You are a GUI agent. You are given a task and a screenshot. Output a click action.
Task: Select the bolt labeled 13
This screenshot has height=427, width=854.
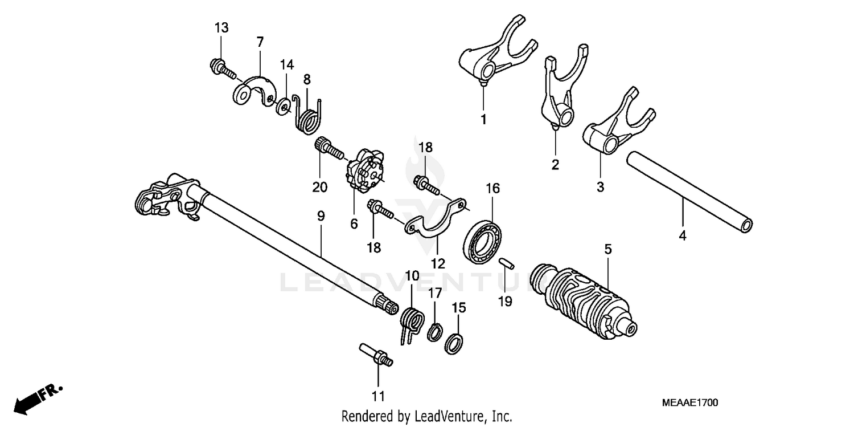pos(223,68)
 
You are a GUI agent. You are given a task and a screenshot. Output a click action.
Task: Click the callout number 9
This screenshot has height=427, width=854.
pos(321,217)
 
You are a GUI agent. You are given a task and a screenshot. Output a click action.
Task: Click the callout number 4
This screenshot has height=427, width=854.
pos(682,234)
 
